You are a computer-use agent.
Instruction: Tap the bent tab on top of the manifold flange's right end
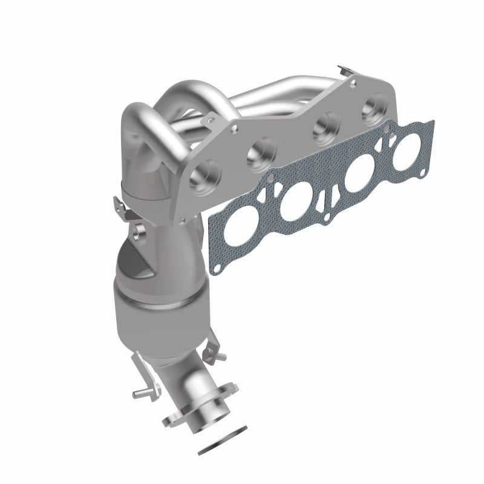click(x=343, y=71)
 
